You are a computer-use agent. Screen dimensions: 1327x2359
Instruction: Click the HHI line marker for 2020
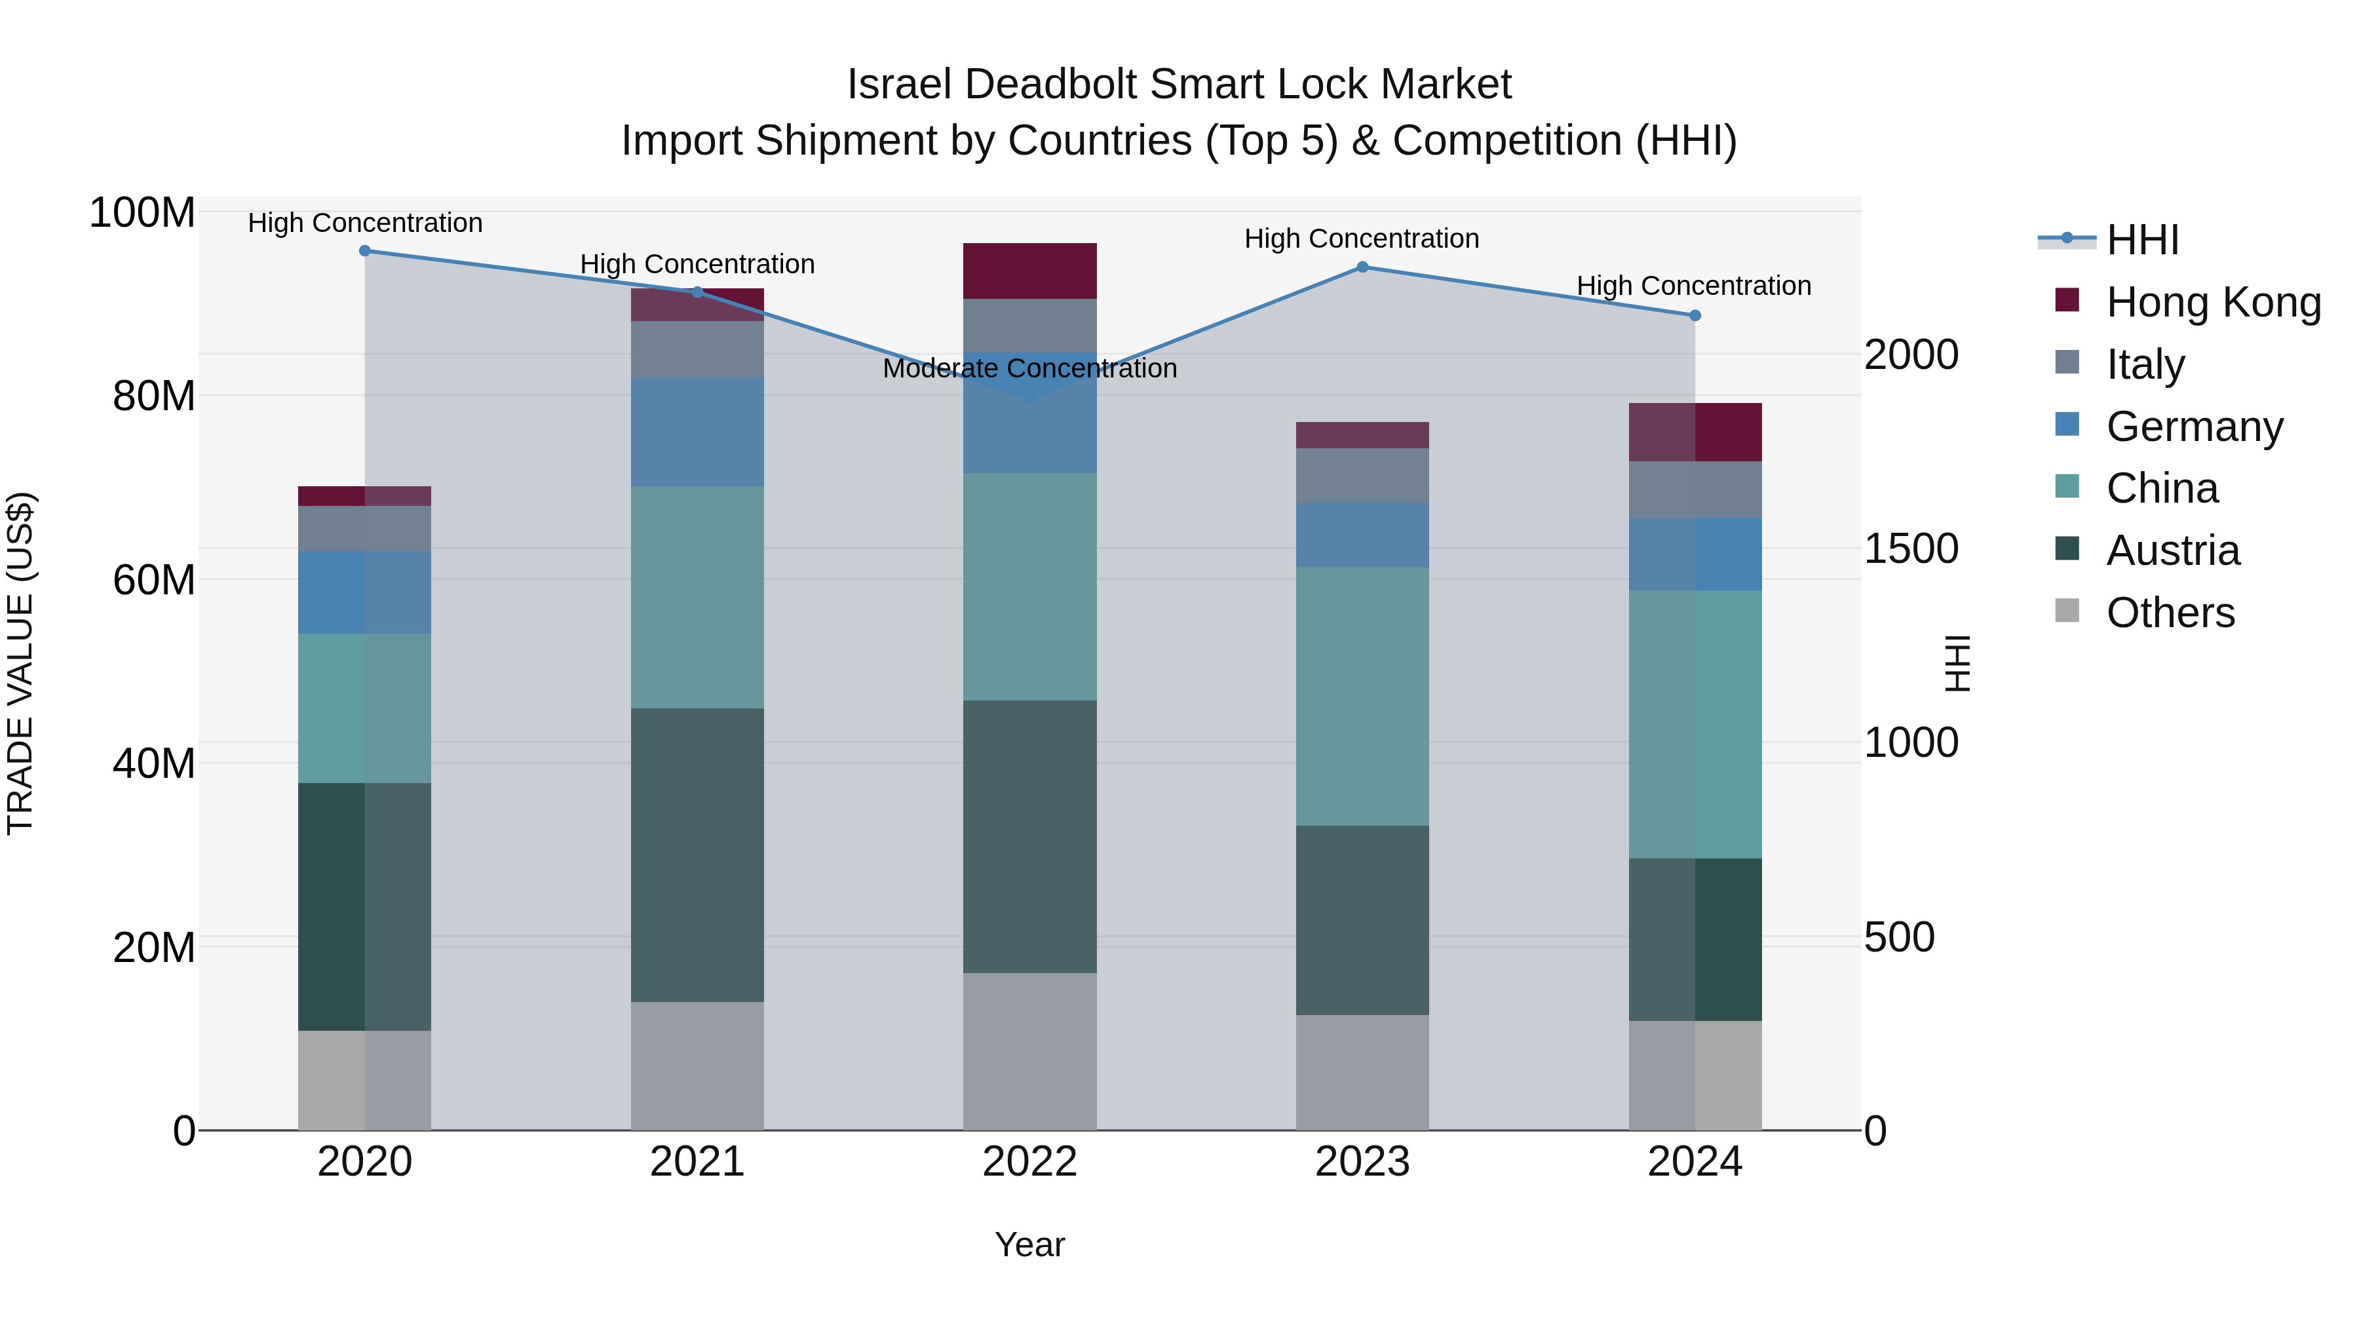[364, 250]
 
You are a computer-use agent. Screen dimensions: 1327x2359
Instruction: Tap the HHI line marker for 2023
[1362, 267]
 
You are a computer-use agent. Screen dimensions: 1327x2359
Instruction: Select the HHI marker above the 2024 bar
[1694, 315]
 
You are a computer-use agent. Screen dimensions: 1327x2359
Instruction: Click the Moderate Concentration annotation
[1029, 368]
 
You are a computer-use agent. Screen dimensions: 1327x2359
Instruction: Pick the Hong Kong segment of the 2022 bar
[1029, 271]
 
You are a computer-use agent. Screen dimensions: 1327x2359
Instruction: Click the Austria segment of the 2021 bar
[697, 855]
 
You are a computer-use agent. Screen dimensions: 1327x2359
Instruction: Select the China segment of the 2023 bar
[1362, 696]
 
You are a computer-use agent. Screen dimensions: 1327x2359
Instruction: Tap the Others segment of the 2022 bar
[1029, 1051]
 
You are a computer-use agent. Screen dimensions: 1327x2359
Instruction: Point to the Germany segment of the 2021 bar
[697, 431]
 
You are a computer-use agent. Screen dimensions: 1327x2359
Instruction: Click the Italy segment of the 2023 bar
[1362, 474]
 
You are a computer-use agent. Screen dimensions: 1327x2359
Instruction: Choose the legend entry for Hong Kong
[2212, 302]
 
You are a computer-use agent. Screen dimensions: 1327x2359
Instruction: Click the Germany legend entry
[2194, 427]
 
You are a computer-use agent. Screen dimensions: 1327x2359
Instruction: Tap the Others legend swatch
[2067, 611]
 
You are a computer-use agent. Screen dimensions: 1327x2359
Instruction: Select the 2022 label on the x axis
[1029, 1162]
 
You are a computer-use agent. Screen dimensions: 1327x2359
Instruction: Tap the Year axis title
[1029, 1244]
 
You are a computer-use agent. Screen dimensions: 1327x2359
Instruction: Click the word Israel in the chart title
[900, 85]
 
